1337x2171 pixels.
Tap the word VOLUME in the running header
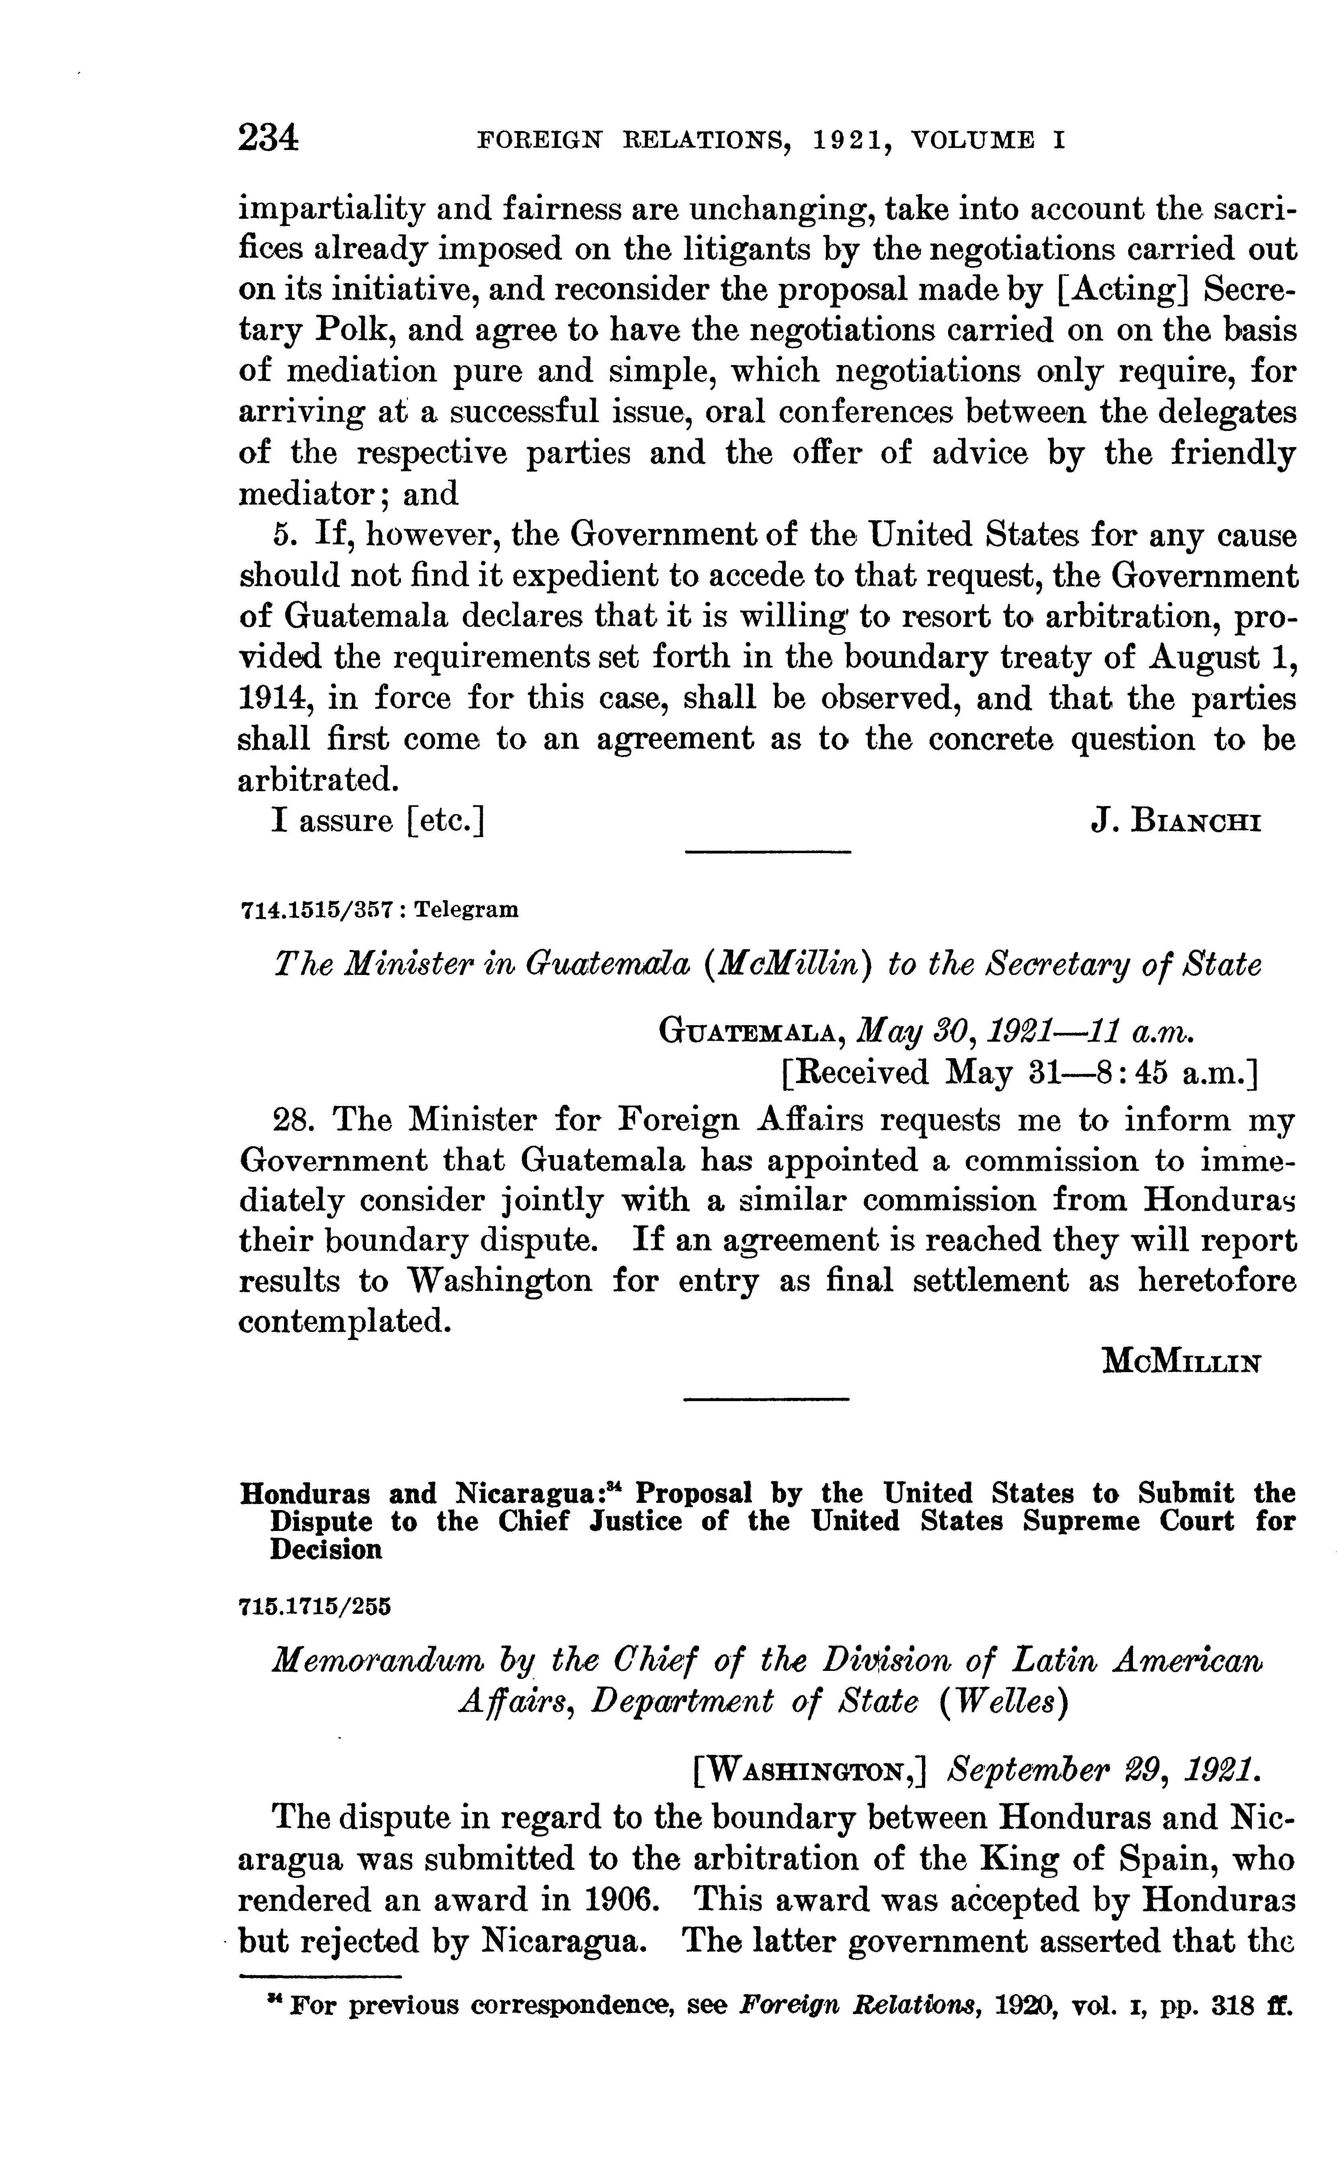tap(973, 140)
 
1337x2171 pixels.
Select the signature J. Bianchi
tap(1176, 822)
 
